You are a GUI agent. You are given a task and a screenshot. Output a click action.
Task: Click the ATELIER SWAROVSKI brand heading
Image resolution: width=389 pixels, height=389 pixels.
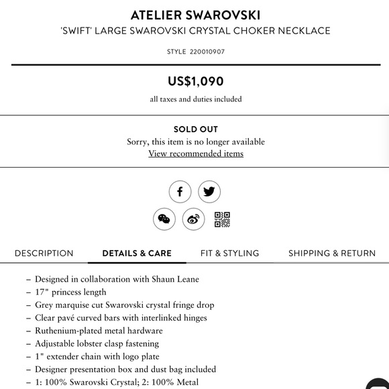coord(195,15)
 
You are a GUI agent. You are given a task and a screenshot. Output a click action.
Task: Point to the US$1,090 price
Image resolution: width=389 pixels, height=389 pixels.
coord(195,82)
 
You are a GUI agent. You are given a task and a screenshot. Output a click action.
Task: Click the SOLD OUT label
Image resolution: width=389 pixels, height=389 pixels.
coord(195,129)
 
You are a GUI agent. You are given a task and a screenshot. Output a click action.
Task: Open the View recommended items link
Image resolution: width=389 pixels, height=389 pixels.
coord(195,154)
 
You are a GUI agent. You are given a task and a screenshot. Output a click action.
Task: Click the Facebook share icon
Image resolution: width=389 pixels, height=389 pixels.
coord(180,192)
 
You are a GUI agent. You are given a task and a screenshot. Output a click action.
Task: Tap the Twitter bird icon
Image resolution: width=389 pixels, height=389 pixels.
coord(209,192)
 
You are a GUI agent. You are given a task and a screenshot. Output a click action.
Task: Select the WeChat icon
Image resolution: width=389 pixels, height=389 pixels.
coord(164,219)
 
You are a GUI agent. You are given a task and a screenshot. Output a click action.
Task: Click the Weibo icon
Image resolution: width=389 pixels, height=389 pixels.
coord(194,219)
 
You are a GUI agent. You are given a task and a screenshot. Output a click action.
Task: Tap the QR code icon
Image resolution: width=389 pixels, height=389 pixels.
coord(223,219)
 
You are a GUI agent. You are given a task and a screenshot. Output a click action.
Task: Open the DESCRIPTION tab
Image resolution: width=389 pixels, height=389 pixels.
coord(44,254)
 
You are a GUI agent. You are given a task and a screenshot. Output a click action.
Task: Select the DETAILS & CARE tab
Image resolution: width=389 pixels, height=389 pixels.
coord(137,254)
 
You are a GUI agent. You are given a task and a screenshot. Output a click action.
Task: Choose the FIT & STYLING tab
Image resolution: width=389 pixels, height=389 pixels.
coord(229,254)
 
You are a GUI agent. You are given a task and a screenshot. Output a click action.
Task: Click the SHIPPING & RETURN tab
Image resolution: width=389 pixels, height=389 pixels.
coord(332,254)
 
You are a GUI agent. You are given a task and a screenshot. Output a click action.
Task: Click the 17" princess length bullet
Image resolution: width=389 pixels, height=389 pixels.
coord(70,292)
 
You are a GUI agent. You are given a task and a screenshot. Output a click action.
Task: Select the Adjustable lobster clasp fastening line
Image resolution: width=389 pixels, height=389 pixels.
coord(97,343)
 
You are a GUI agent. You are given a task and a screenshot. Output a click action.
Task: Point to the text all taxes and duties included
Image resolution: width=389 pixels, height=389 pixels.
coord(195,99)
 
